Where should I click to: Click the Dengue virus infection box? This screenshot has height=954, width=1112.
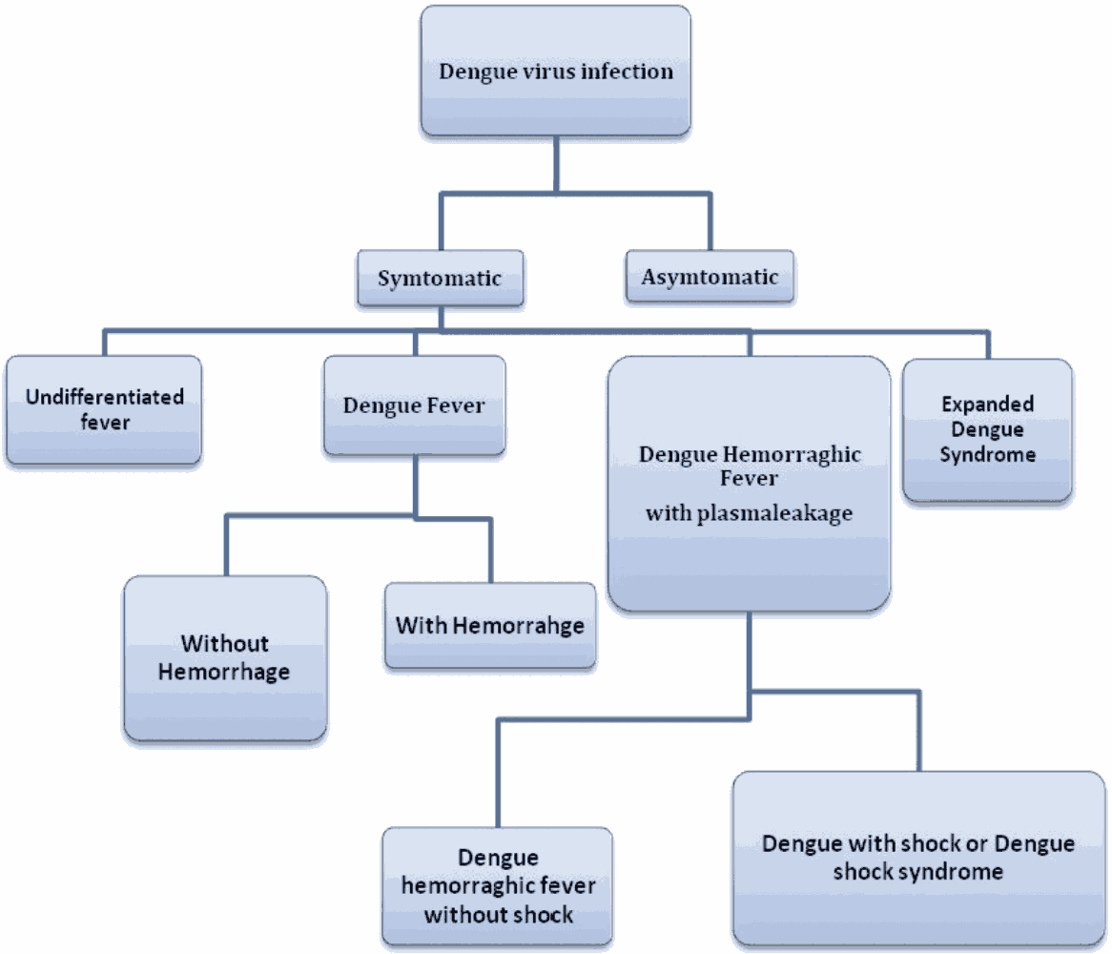coord(556,73)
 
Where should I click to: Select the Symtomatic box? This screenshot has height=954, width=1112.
coord(440,278)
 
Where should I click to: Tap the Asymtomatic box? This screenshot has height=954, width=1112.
coord(710,277)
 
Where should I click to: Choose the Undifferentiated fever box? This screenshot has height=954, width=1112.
coord(104,409)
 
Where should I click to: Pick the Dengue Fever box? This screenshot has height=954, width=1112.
coord(414,405)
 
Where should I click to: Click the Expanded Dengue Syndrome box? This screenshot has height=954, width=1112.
coord(987,429)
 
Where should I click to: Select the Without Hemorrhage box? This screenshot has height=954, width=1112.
coord(224,657)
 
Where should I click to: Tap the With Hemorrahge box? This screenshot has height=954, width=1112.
coord(490,626)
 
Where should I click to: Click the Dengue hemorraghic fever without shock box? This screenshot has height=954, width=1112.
coord(498,886)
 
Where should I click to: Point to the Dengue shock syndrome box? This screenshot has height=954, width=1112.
coord(918,858)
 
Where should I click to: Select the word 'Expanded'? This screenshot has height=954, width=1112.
coord(988,404)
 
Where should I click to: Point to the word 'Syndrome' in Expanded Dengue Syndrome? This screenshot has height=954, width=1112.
coord(988,454)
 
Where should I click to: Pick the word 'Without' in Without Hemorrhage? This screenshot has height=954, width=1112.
coord(225,644)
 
